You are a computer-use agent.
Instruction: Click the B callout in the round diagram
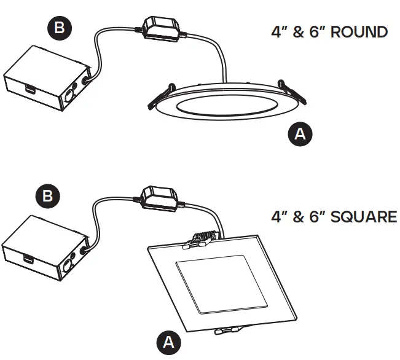(x=60, y=28)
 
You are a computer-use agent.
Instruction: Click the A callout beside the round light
(x=300, y=134)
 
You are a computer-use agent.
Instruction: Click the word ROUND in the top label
(x=359, y=32)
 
